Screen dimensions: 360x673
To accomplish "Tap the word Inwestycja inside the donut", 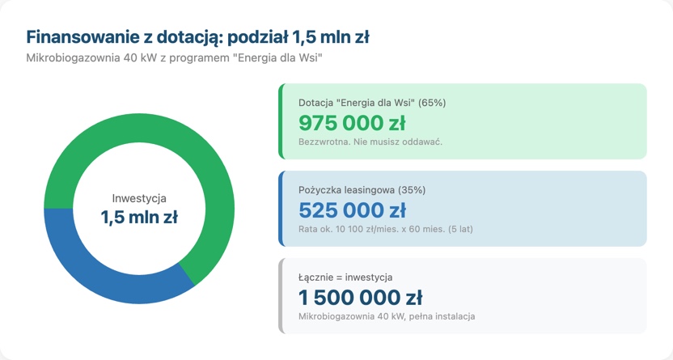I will [x=139, y=198].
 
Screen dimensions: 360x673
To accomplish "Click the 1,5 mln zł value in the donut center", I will [x=139, y=218].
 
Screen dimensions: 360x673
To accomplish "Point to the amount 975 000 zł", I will [x=352, y=123].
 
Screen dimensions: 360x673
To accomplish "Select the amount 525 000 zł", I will [x=352, y=210].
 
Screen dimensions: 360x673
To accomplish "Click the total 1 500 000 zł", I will [x=360, y=297].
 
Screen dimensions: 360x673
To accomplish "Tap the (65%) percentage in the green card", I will [x=432, y=103].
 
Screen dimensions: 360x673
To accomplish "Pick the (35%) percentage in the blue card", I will [x=412, y=190].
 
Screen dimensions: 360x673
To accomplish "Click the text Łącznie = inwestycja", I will [x=345, y=277].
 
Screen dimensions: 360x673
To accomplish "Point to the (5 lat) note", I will [x=458, y=229].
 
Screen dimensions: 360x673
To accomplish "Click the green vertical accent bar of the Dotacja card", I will [x=280, y=121].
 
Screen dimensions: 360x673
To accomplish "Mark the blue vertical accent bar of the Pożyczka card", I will [x=280, y=209].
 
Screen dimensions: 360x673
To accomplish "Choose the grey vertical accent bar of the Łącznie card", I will [x=280, y=296].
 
